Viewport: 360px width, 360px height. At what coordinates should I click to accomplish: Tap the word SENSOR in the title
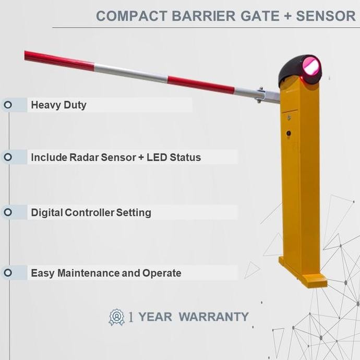(x=326, y=16)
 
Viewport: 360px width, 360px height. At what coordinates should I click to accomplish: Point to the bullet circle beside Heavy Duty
(x=8, y=105)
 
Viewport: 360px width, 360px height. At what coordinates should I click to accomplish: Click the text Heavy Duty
(x=58, y=105)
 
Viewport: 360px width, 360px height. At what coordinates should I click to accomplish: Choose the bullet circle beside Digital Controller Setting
(x=8, y=212)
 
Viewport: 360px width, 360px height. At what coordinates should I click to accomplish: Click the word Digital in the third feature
(x=47, y=212)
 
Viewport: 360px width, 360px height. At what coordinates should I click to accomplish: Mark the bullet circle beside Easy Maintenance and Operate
(x=8, y=273)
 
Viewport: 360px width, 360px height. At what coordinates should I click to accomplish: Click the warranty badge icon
(x=116, y=317)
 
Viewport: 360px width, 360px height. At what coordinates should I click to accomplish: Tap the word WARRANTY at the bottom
(x=213, y=317)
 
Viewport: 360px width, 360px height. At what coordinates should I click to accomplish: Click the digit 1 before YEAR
(x=131, y=317)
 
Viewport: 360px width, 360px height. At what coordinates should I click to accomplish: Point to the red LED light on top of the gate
(x=311, y=67)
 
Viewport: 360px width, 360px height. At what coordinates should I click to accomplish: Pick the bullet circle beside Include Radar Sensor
(x=8, y=157)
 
